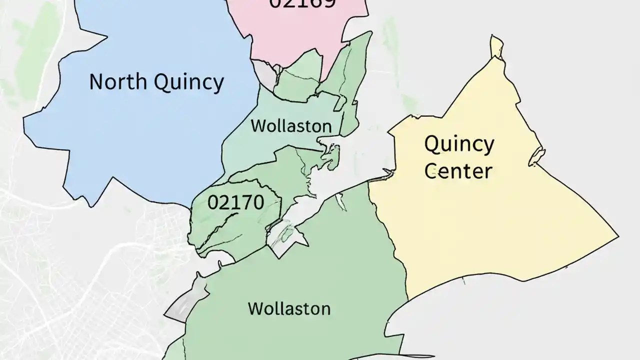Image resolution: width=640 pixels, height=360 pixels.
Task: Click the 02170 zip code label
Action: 235,202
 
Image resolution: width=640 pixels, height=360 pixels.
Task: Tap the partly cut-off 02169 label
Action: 302,4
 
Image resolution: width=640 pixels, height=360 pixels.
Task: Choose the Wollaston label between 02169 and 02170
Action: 291,125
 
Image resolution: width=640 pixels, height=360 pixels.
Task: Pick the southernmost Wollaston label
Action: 289,308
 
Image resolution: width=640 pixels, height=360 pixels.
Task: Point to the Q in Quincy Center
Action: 433,144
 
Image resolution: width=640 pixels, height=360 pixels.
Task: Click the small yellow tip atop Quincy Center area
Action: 495,46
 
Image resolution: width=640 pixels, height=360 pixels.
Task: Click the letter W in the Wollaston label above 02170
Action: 257,125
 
